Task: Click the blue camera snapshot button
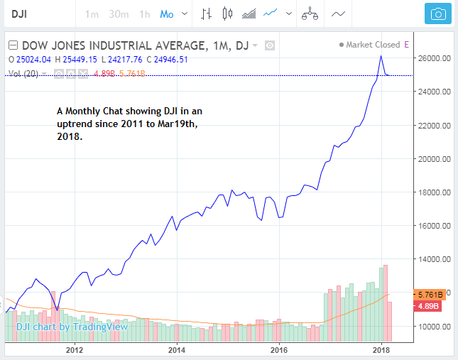coord(438,13)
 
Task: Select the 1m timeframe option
coord(92,13)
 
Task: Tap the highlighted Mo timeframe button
coord(167,13)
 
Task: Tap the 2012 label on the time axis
coord(75,350)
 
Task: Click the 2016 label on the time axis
coord(279,350)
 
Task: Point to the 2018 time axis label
coord(381,350)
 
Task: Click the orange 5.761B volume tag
coord(430,293)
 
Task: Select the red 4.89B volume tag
coord(428,306)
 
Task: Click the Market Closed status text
coord(374,45)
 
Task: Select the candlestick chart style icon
coord(227,13)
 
